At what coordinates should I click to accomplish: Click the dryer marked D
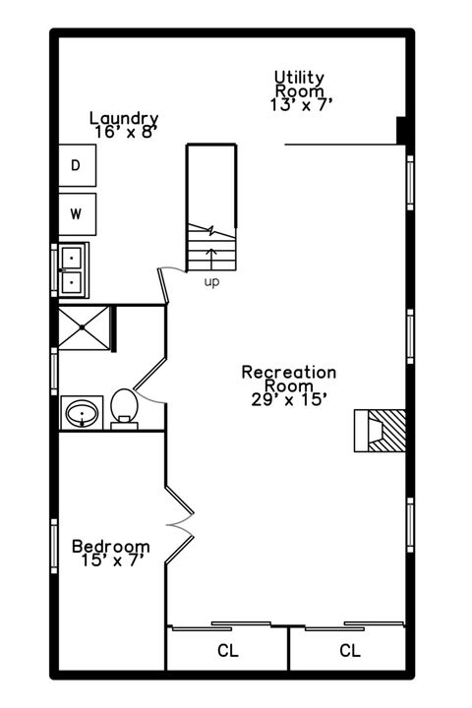76,166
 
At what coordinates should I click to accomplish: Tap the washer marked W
76,211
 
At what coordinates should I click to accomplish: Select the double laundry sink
73,269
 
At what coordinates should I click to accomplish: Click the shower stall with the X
85,327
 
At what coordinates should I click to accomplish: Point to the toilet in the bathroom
124,407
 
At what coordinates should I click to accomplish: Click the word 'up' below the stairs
211,282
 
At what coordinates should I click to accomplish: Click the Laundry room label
124,118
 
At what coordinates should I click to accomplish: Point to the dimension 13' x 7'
299,103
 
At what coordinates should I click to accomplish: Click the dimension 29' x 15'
289,398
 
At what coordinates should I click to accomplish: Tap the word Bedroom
111,547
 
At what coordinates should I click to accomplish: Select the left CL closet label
227,650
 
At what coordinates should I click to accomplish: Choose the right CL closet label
349,650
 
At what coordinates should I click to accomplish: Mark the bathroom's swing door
147,379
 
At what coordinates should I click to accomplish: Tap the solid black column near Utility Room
401,131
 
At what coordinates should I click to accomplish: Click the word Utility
299,77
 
